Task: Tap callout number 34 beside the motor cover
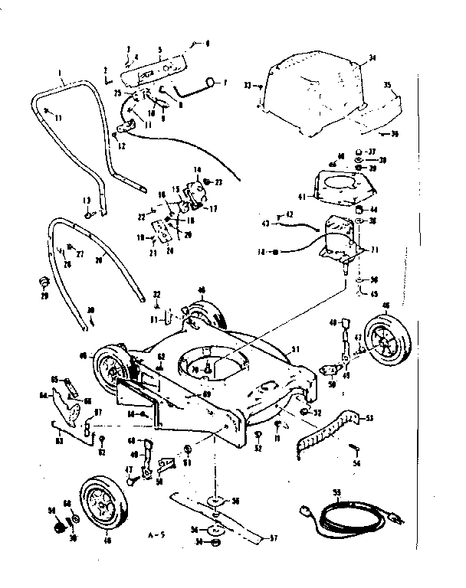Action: tap(372, 57)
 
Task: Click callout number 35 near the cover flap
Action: tap(388, 85)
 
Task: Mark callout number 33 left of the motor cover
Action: tap(248, 87)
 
